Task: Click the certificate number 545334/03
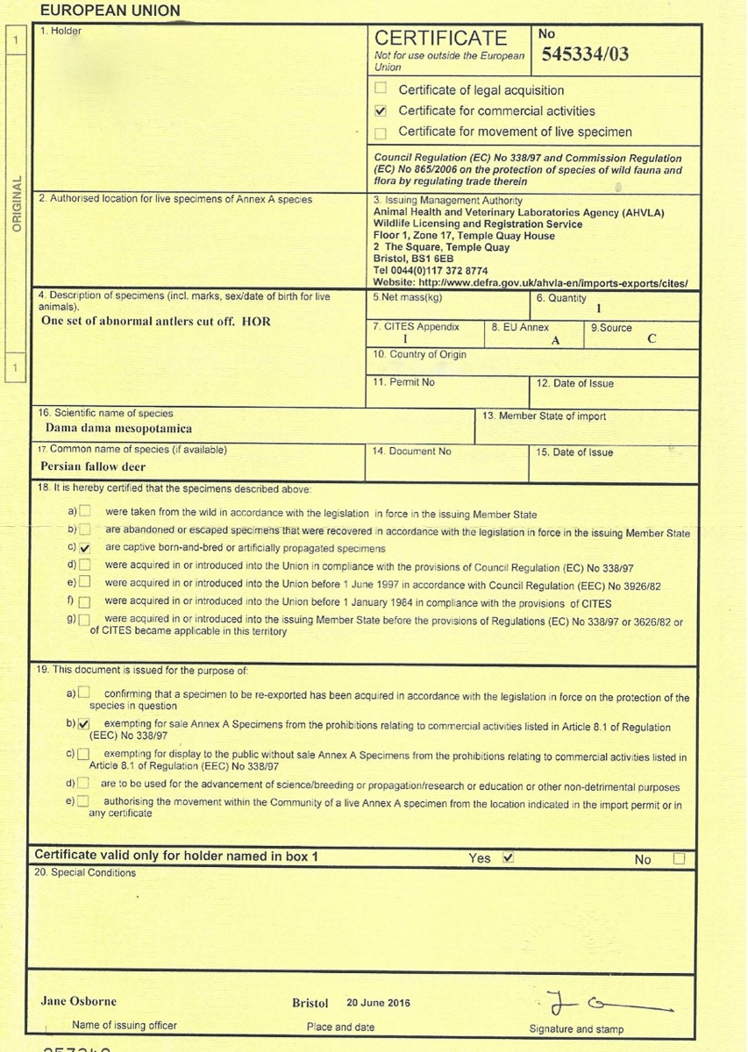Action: pyautogui.click(x=585, y=54)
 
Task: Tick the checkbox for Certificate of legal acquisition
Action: pyautogui.click(x=381, y=89)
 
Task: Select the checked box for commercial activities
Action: pyautogui.click(x=381, y=111)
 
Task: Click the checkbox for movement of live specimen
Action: pyautogui.click(x=381, y=133)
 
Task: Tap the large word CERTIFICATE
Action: pyautogui.click(x=440, y=38)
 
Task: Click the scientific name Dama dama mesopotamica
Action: pyautogui.click(x=118, y=430)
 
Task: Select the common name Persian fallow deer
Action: pyautogui.click(x=93, y=466)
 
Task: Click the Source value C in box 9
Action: pyautogui.click(x=652, y=339)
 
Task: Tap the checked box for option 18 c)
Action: pyautogui.click(x=85, y=548)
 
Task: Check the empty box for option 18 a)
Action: pyautogui.click(x=85, y=511)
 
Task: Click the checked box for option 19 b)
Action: pyautogui.click(x=84, y=724)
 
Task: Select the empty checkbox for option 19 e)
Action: pyautogui.click(x=83, y=801)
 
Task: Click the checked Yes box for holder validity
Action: pyautogui.click(x=507, y=857)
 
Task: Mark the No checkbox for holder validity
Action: pyautogui.click(x=679, y=859)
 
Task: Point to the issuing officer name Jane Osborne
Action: pyautogui.click(x=78, y=1001)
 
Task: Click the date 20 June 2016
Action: pyautogui.click(x=378, y=1003)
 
